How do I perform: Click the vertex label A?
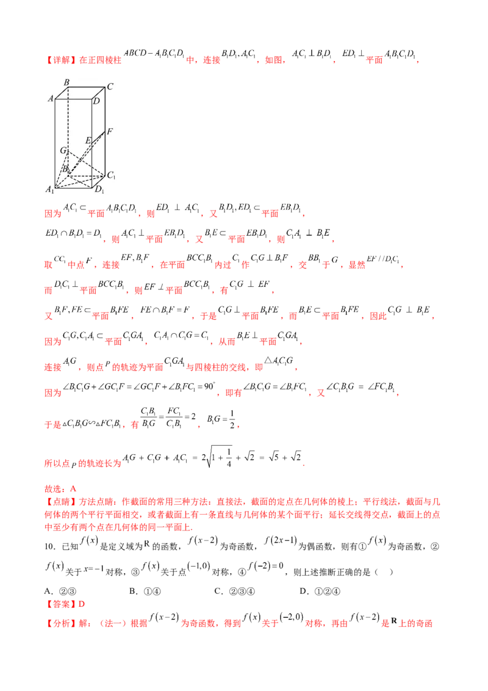pyautogui.click(x=51, y=98)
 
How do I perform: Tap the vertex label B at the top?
pyautogui.click(x=66, y=82)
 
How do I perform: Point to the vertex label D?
pyautogui.click(x=96, y=101)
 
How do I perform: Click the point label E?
pyautogui.click(x=88, y=141)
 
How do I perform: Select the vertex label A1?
pyautogui.click(x=50, y=190)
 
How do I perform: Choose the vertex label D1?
pyautogui.click(x=98, y=190)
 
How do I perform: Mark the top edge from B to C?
pyautogui.click(x=86, y=87)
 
